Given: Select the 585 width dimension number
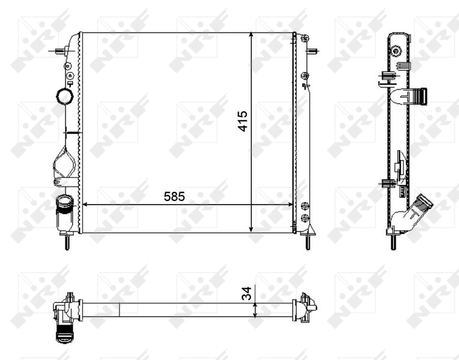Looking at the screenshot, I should coord(172,196).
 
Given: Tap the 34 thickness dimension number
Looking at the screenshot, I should coord(245,293).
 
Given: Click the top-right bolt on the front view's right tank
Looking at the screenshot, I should coord(305,40).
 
